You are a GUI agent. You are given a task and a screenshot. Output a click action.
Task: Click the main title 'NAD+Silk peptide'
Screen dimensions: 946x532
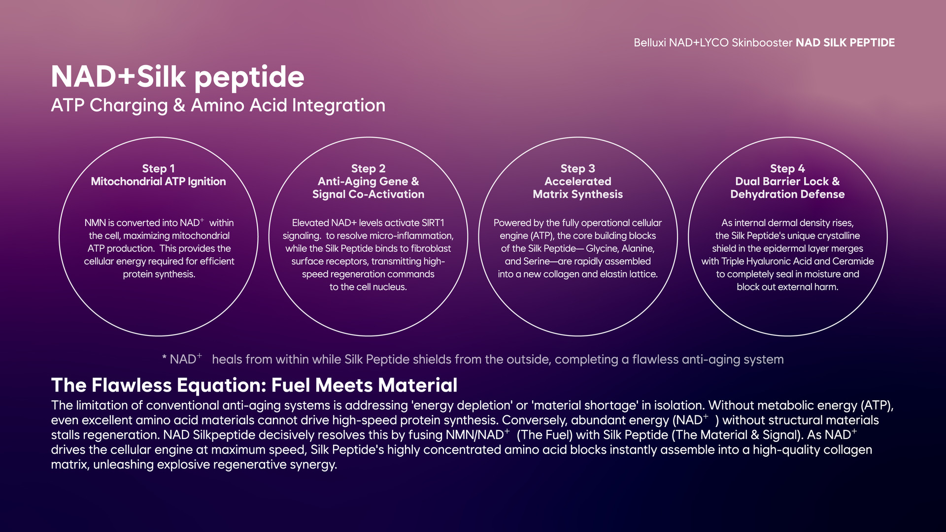178,77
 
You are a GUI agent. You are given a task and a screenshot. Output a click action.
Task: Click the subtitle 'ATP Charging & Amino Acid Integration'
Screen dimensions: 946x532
218,105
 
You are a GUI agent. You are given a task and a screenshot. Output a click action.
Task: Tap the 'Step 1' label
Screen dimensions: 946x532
158,168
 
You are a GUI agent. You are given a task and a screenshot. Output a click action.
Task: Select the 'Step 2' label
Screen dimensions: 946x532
368,168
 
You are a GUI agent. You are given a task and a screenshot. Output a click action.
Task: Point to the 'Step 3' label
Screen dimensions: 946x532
578,168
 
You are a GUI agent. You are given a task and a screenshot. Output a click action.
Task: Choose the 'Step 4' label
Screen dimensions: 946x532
787,168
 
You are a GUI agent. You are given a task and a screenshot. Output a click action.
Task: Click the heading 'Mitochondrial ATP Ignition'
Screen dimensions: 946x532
158,182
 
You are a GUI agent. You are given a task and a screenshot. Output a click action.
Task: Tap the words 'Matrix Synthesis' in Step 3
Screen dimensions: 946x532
578,195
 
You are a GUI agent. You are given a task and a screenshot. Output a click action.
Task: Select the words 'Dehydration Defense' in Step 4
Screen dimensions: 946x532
787,195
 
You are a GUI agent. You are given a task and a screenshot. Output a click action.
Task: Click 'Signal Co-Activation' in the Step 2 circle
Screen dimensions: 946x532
368,195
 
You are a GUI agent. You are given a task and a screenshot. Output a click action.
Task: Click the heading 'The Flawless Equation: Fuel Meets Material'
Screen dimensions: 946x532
254,385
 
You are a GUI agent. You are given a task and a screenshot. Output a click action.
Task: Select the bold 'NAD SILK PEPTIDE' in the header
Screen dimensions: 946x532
845,43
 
